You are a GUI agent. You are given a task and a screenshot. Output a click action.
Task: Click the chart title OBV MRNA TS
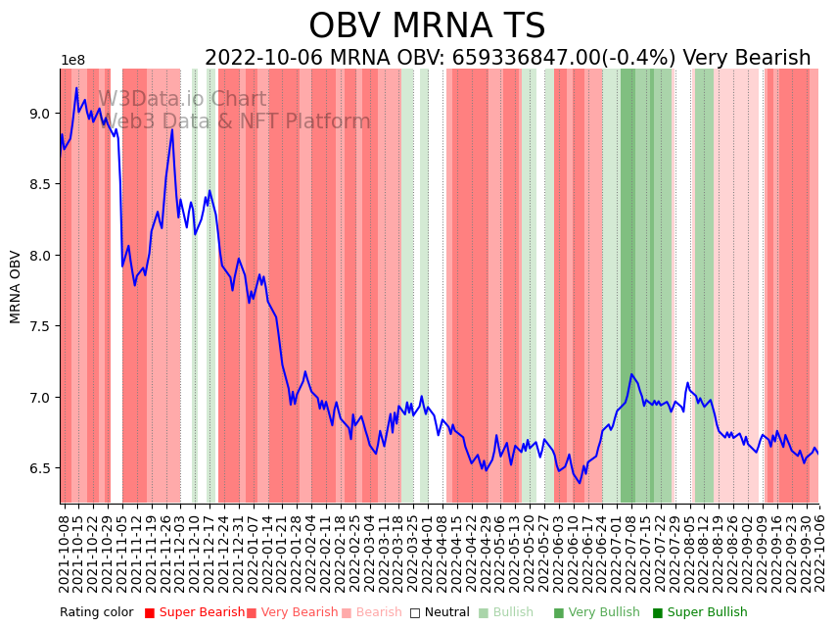coord(427,26)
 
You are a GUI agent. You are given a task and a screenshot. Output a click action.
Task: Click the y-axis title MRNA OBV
coord(16,286)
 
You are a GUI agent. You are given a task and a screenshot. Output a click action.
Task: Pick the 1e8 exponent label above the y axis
coord(73,61)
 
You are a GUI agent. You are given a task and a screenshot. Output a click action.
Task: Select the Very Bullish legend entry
coord(596,612)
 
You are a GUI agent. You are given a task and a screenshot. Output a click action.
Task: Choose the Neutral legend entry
coord(440,612)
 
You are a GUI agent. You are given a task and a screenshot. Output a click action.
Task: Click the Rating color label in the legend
coord(97,612)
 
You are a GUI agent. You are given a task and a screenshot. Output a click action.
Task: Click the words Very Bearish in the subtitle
coord(747,59)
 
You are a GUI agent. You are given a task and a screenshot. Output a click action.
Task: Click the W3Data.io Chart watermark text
coord(182,100)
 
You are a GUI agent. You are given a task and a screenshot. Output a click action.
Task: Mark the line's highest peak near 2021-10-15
coord(76,88)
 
